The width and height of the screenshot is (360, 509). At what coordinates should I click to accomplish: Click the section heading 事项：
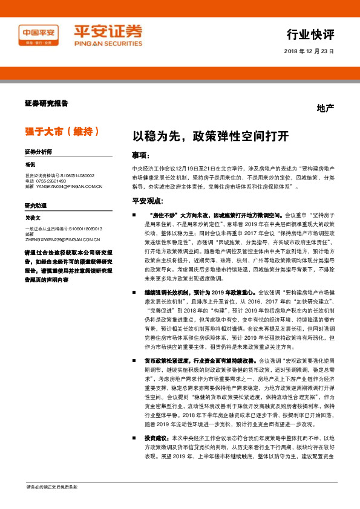(x=142, y=155)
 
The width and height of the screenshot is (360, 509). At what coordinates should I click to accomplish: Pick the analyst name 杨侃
(x=31, y=164)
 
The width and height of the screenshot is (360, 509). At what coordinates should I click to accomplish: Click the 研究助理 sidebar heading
(x=35, y=206)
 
